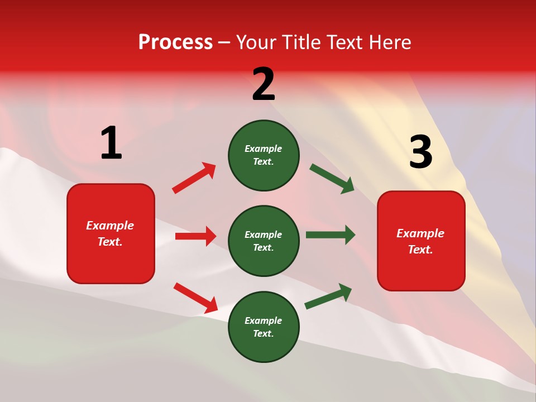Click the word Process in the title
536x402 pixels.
(175, 42)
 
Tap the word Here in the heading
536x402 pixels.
(389, 42)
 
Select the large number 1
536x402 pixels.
(111, 143)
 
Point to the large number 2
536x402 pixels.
(264, 84)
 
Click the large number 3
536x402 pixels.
(420, 152)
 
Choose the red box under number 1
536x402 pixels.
(111, 233)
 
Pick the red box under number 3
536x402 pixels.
(421, 241)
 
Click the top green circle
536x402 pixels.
(264, 155)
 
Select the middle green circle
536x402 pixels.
(264, 241)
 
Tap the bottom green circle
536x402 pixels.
(264, 327)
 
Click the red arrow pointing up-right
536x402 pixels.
(194, 178)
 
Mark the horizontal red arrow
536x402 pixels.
(195, 236)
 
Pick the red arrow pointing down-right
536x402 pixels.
(195, 298)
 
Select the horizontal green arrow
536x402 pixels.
(330, 235)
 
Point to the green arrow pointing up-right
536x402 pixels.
(328, 296)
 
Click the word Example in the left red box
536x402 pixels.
(110, 226)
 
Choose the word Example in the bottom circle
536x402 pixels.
(263, 320)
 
